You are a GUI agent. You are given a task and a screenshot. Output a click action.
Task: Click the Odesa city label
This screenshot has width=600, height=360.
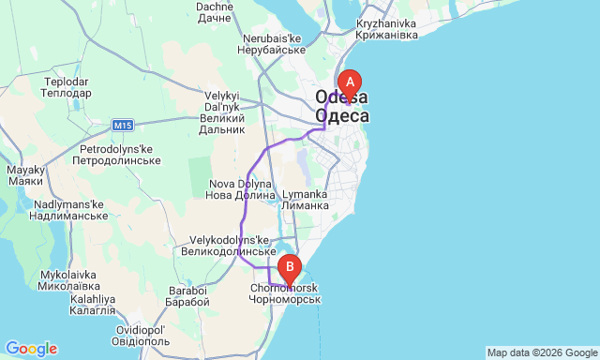[342, 107]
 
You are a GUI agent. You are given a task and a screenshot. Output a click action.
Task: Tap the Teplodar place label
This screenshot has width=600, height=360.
[66, 87]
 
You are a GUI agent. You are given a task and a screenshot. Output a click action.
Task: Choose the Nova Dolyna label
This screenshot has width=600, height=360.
[241, 189]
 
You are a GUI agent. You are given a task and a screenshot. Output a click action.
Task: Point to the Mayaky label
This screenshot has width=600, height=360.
[25, 175]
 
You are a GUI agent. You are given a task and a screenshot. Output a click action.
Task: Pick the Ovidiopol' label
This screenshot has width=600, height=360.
[141, 336]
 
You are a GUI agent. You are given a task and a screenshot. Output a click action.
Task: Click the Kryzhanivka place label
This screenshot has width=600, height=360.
[387, 29]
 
